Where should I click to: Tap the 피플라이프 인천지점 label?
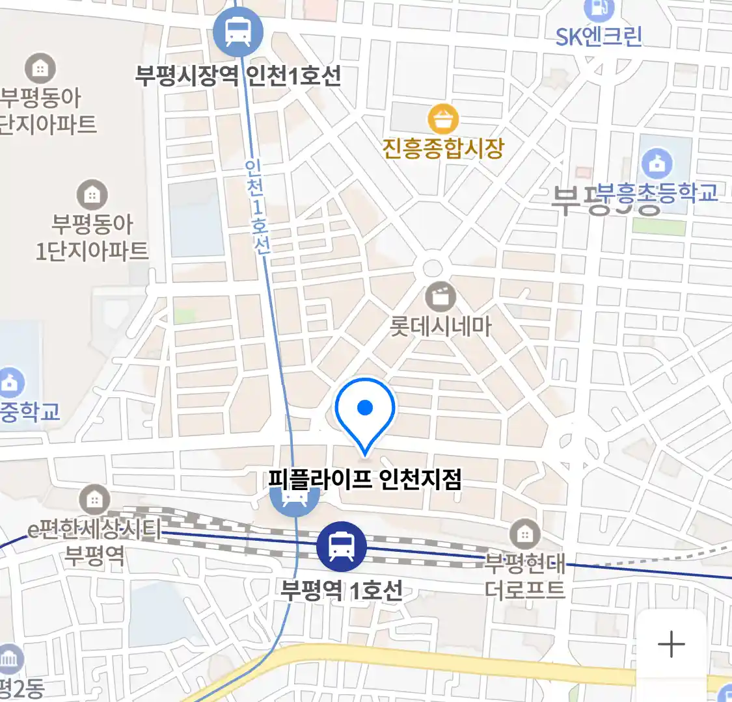pyautogui.click(x=365, y=480)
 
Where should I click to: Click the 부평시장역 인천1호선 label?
pyautogui.click(x=238, y=76)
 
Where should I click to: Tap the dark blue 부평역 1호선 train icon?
pyautogui.click(x=341, y=546)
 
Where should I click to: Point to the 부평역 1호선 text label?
pyautogui.click(x=341, y=590)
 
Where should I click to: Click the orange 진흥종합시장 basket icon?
pyautogui.click(x=443, y=120)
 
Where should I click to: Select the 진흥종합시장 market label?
pyautogui.click(x=443, y=149)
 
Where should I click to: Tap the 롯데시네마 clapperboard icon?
pyautogui.click(x=441, y=298)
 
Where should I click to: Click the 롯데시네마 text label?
pyautogui.click(x=441, y=326)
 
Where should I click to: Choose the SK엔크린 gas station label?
pyautogui.click(x=599, y=36)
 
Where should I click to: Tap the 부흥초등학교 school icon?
pyautogui.click(x=657, y=163)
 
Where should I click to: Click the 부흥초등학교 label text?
pyautogui.click(x=657, y=192)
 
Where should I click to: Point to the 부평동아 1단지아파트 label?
pyautogui.click(x=92, y=237)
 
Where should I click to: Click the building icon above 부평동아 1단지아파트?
pyautogui.click(x=92, y=194)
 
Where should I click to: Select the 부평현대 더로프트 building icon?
pyautogui.click(x=524, y=534)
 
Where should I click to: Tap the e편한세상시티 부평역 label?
pyautogui.click(x=94, y=542)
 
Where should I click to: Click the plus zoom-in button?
pyautogui.click(x=671, y=645)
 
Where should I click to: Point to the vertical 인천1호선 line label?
pyautogui.click(x=258, y=207)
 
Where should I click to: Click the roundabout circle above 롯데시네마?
pyautogui.click(x=432, y=268)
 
